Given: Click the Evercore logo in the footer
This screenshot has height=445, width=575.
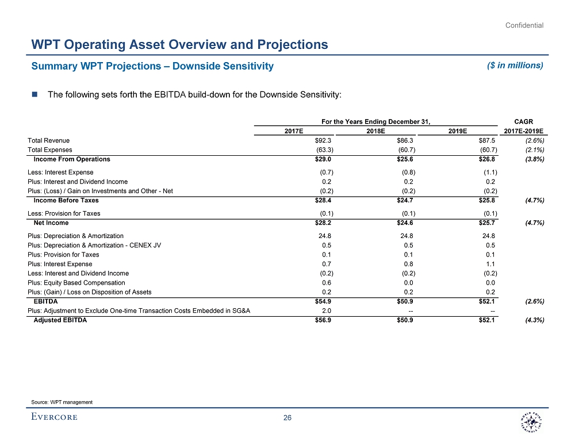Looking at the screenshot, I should pyautogui.click(x=55, y=417).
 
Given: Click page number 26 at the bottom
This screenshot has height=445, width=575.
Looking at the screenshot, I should pyautogui.click(x=287, y=418).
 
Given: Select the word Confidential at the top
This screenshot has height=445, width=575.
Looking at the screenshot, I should pyautogui.click(x=524, y=25).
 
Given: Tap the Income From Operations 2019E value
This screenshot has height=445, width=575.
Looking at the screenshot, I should pyautogui.click(x=486, y=159).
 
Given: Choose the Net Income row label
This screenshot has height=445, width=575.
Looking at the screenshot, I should pyautogui.click(x=51, y=223).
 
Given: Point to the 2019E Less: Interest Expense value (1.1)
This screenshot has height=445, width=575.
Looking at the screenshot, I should pyautogui.click(x=490, y=172).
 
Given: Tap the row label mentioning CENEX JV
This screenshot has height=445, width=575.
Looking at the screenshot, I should pyautogui.click(x=94, y=245).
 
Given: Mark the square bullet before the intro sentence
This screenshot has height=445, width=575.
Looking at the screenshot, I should pyautogui.click(x=34, y=95).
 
